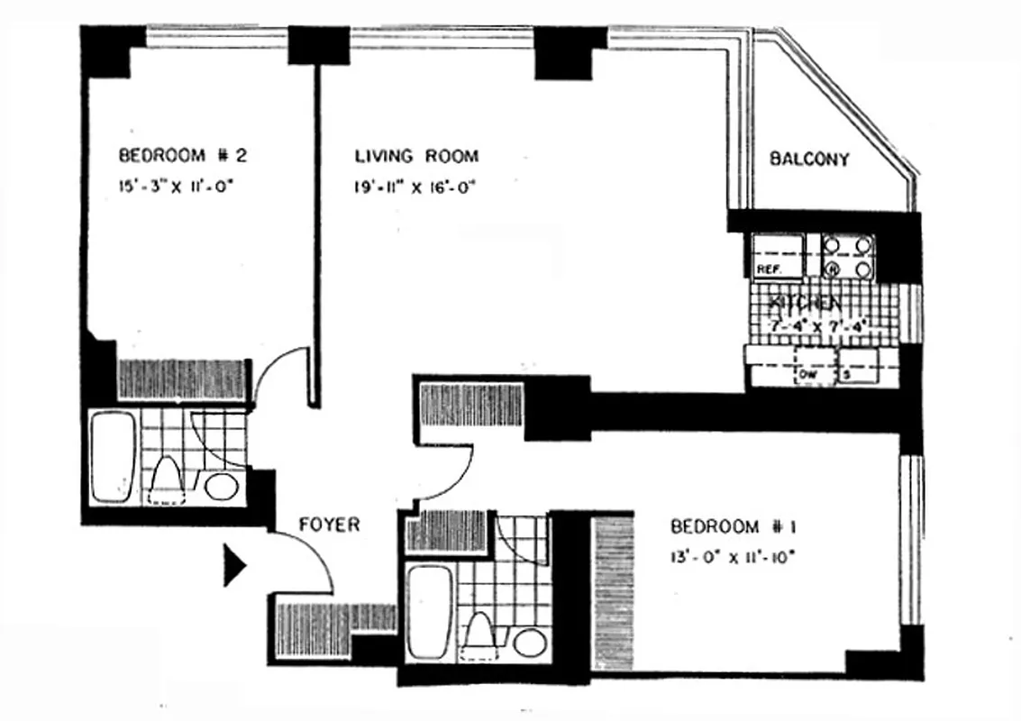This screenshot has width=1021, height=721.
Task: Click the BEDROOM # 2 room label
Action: pyautogui.click(x=183, y=156)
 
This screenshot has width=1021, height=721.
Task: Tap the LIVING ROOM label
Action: pyautogui.click(x=415, y=156)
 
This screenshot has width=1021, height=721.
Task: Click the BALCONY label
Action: pyautogui.click(x=808, y=160)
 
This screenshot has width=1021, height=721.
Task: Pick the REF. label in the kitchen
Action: pyautogui.click(x=767, y=269)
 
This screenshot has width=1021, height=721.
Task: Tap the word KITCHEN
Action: pyautogui.click(x=805, y=305)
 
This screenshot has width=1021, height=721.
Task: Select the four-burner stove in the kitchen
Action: pyautogui.click(x=848, y=256)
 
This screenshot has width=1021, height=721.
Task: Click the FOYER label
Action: pyautogui.click(x=329, y=524)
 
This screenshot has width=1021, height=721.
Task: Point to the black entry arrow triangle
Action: pyautogui.click(x=233, y=564)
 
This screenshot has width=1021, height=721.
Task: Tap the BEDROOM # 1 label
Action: pyautogui.click(x=733, y=526)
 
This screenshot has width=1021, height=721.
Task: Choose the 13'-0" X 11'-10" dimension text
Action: pyautogui.click(x=733, y=557)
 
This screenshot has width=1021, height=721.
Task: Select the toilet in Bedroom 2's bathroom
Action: pyautogui.click(x=168, y=479)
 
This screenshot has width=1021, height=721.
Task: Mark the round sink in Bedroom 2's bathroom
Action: pyautogui.click(x=222, y=487)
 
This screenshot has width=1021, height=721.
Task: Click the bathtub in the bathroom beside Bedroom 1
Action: pyautogui.click(x=428, y=611)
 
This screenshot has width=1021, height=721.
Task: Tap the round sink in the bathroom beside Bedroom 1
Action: pyautogui.click(x=530, y=643)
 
